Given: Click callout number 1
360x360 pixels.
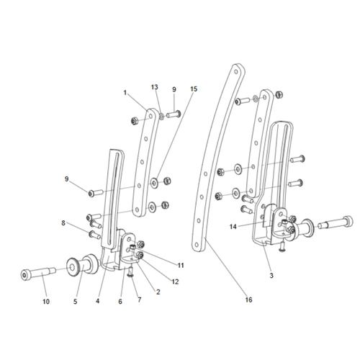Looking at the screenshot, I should (125, 92).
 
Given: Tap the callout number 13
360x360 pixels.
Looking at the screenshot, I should (155, 87).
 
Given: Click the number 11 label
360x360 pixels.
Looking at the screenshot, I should (181, 266).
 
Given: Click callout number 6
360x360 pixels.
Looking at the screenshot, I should (120, 301).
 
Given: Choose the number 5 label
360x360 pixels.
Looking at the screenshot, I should (74, 301).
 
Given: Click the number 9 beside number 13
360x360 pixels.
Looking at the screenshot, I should (173, 89).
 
